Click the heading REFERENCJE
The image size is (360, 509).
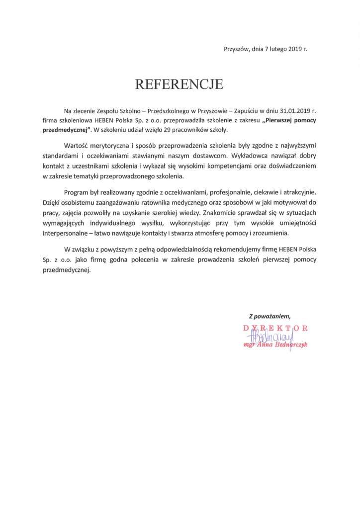pyautogui.click(x=180, y=84)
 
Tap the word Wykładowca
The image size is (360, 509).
pyautogui.click(x=253, y=154)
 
